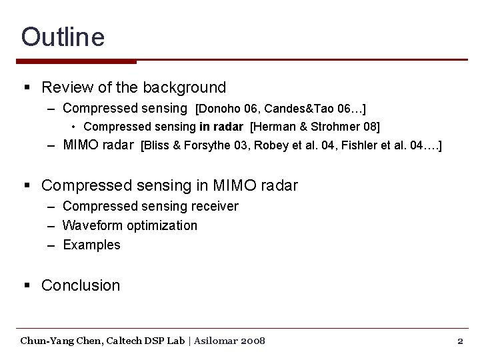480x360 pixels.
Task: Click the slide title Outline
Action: (x=63, y=37)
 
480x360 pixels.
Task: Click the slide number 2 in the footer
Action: (x=460, y=341)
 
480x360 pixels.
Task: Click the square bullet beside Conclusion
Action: (x=27, y=285)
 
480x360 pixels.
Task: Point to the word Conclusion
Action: (x=81, y=285)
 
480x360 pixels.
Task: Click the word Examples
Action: (x=91, y=245)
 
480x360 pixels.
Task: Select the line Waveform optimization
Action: (x=130, y=225)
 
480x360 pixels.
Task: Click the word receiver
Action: (x=215, y=206)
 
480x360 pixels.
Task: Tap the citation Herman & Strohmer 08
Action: (x=315, y=127)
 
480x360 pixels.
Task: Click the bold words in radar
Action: (x=221, y=127)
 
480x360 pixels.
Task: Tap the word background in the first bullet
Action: (x=184, y=87)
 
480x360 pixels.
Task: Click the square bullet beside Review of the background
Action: (x=27, y=87)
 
